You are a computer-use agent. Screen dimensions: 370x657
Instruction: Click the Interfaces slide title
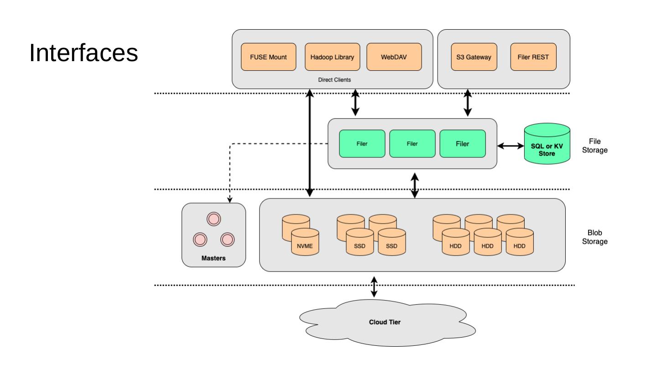click(x=83, y=54)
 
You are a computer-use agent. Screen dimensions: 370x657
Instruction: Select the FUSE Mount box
click(x=268, y=57)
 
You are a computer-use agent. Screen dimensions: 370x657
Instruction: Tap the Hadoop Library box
click(x=332, y=57)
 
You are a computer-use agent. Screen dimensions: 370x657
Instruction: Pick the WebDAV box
click(x=394, y=57)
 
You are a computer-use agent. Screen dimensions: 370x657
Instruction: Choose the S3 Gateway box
click(x=474, y=57)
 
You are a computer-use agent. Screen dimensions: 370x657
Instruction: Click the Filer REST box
click(x=533, y=57)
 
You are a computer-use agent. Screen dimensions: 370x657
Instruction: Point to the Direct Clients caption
click(x=334, y=79)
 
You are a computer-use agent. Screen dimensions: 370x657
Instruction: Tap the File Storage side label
click(x=594, y=146)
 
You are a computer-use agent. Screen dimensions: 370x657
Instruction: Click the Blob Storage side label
click(x=594, y=237)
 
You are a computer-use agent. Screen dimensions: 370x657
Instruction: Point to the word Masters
click(x=214, y=258)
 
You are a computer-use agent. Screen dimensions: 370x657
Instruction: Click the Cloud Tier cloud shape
click(x=384, y=322)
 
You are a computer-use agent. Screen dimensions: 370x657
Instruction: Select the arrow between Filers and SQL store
click(x=511, y=146)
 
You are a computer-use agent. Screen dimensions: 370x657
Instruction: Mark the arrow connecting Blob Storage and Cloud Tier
click(x=374, y=287)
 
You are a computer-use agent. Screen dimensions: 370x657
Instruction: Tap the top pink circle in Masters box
click(x=213, y=219)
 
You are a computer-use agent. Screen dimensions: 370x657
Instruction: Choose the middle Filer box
click(x=412, y=144)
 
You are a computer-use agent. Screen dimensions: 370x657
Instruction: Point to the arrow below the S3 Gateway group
click(x=467, y=103)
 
